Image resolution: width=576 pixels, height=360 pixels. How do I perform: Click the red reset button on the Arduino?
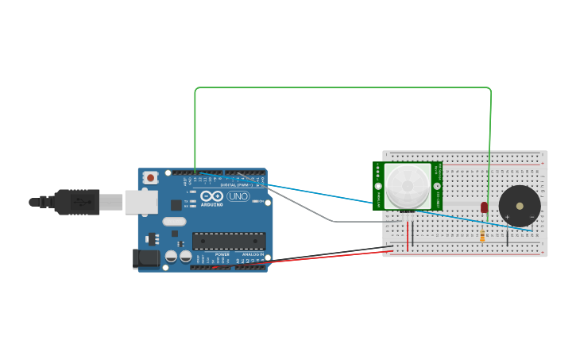pyautogui.click(x=149, y=178)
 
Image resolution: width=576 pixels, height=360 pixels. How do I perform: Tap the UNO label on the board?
pyautogui.click(x=238, y=196)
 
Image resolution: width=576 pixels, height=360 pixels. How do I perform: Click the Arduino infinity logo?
pyautogui.click(x=211, y=195)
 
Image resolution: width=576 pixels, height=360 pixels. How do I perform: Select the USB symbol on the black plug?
pyautogui.click(x=80, y=202)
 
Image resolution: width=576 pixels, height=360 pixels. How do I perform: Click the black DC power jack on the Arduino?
pyautogui.click(x=146, y=257)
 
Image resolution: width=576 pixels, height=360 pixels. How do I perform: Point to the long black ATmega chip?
pyautogui.click(x=229, y=241)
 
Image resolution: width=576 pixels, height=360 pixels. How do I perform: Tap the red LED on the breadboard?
pyautogui.click(x=484, y=207)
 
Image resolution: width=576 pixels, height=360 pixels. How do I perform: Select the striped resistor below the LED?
pyautogui.click(x=482, y=234)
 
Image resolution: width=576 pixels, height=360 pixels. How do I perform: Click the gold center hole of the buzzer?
pyautogui.click(x=520, y=206)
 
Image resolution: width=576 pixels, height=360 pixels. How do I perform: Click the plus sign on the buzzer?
pyautogui.click(x=507, y=216)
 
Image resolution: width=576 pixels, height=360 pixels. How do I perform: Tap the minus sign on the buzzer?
pyautogui.click(x=532, y=216)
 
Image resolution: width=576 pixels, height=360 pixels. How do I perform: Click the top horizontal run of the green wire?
pyautogui.click(x=342, y=88)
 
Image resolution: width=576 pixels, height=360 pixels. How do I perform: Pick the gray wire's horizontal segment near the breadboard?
pyautogui.click(x=358, y=222)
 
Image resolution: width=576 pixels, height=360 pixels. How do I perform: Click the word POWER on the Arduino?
pyautogui.click(x=222, y=254)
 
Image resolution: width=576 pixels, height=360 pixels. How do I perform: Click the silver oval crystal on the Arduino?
pyautogui.click(x=174, y=222)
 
